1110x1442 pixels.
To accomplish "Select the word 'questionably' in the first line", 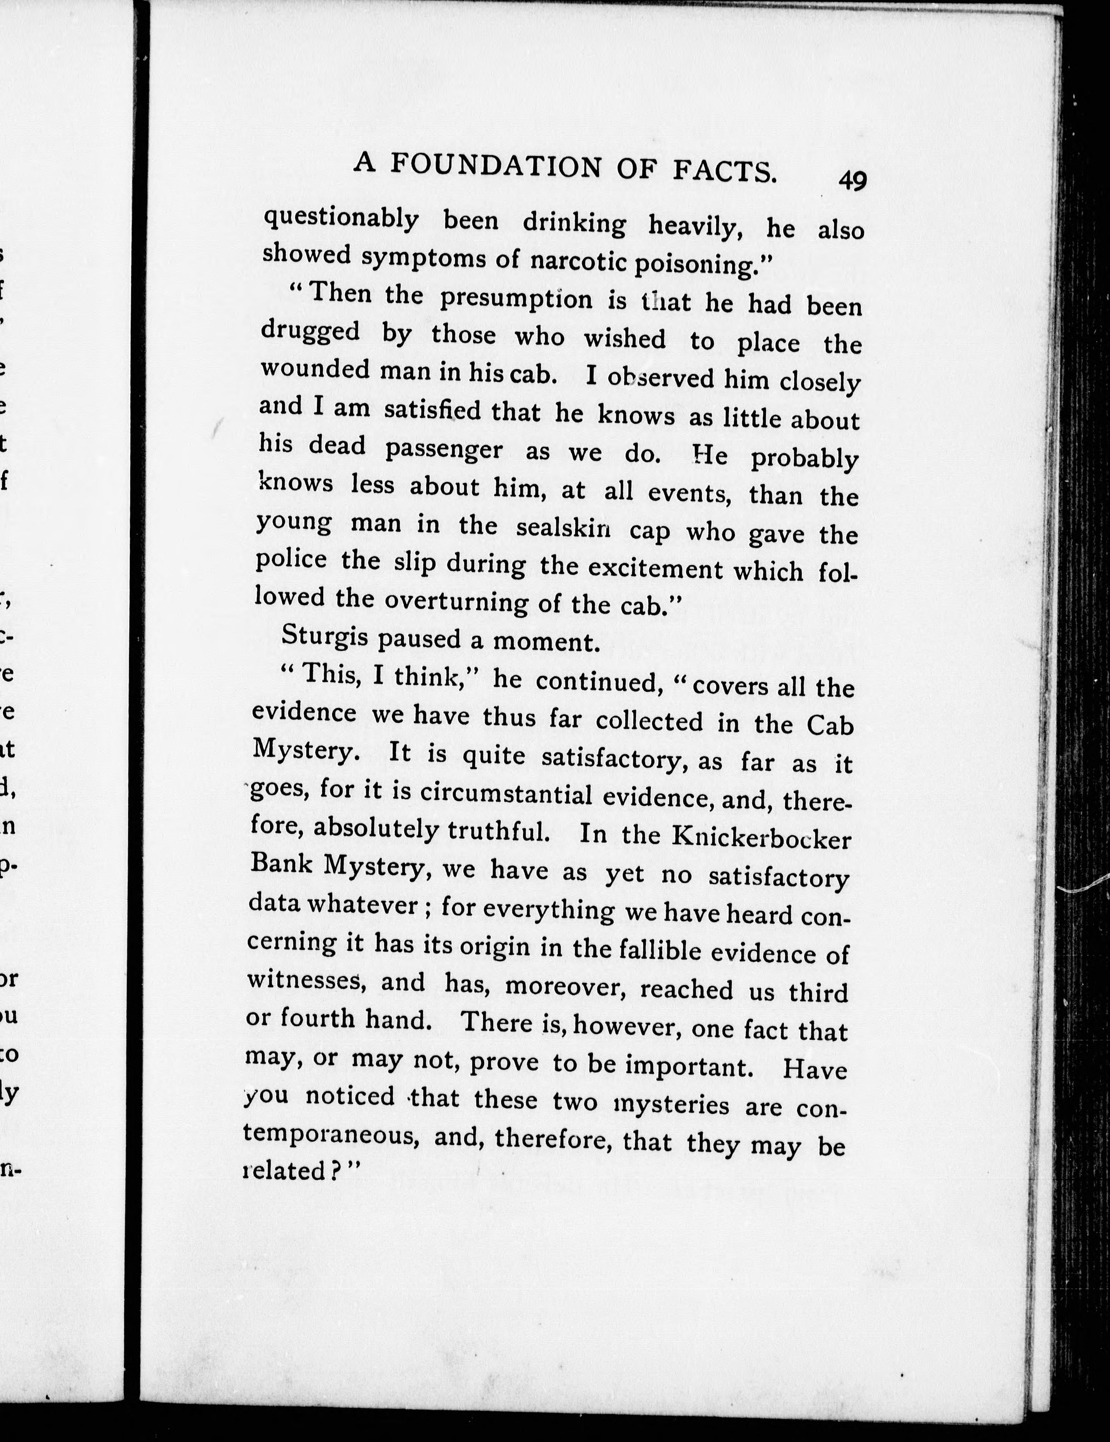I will pos(341,219).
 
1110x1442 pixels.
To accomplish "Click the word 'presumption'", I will pos(516,299).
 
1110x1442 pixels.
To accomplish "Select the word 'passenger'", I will pos(444,449).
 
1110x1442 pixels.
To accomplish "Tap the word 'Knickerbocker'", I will pos(762,838).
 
